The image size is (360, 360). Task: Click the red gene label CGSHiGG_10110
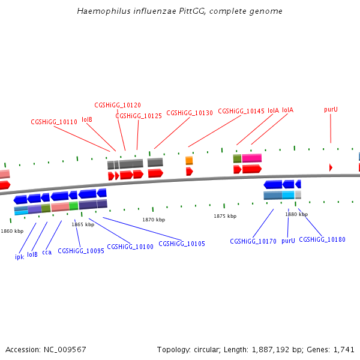point(54,122)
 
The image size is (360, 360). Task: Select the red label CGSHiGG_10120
point(118,105)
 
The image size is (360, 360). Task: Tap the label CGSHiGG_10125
point(139,116)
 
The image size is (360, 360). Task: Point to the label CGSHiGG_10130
point(190,113)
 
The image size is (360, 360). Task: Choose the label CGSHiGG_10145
point(241,111)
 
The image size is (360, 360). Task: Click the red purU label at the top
point(331,109)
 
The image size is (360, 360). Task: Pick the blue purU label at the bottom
point(288,240)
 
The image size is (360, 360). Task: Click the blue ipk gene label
point(19,256)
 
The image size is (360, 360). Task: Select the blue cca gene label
point(47,252)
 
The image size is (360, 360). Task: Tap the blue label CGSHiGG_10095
point(81,251)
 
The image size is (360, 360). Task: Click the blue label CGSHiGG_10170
point(253,241)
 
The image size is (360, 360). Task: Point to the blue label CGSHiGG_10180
point(322,239)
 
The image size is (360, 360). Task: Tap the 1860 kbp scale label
point(12,230)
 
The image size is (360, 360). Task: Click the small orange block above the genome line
point(189,160)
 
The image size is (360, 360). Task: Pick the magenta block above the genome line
point(252,158)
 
